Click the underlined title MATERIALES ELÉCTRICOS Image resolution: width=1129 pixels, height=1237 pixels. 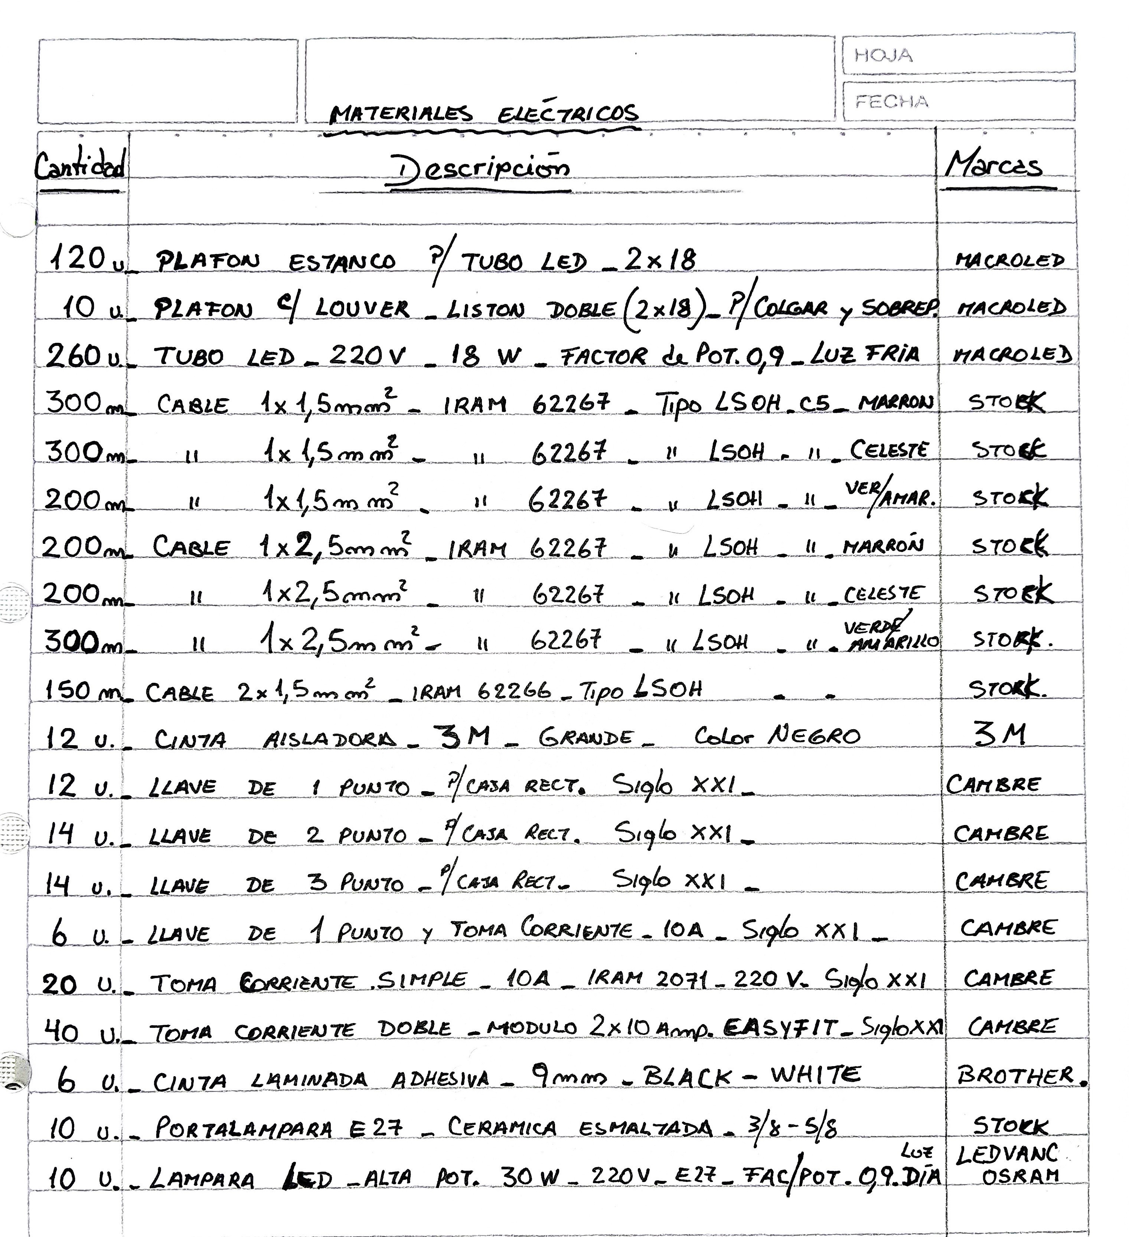(483, 114)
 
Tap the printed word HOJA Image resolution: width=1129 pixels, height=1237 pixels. (883, 56)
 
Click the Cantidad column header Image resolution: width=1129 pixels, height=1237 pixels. (80, 166)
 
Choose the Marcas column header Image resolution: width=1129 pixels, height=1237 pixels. (993, 165)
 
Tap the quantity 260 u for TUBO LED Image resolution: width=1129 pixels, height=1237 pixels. (83, 356)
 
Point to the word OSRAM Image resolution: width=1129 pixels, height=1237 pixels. (1021, 1176)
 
